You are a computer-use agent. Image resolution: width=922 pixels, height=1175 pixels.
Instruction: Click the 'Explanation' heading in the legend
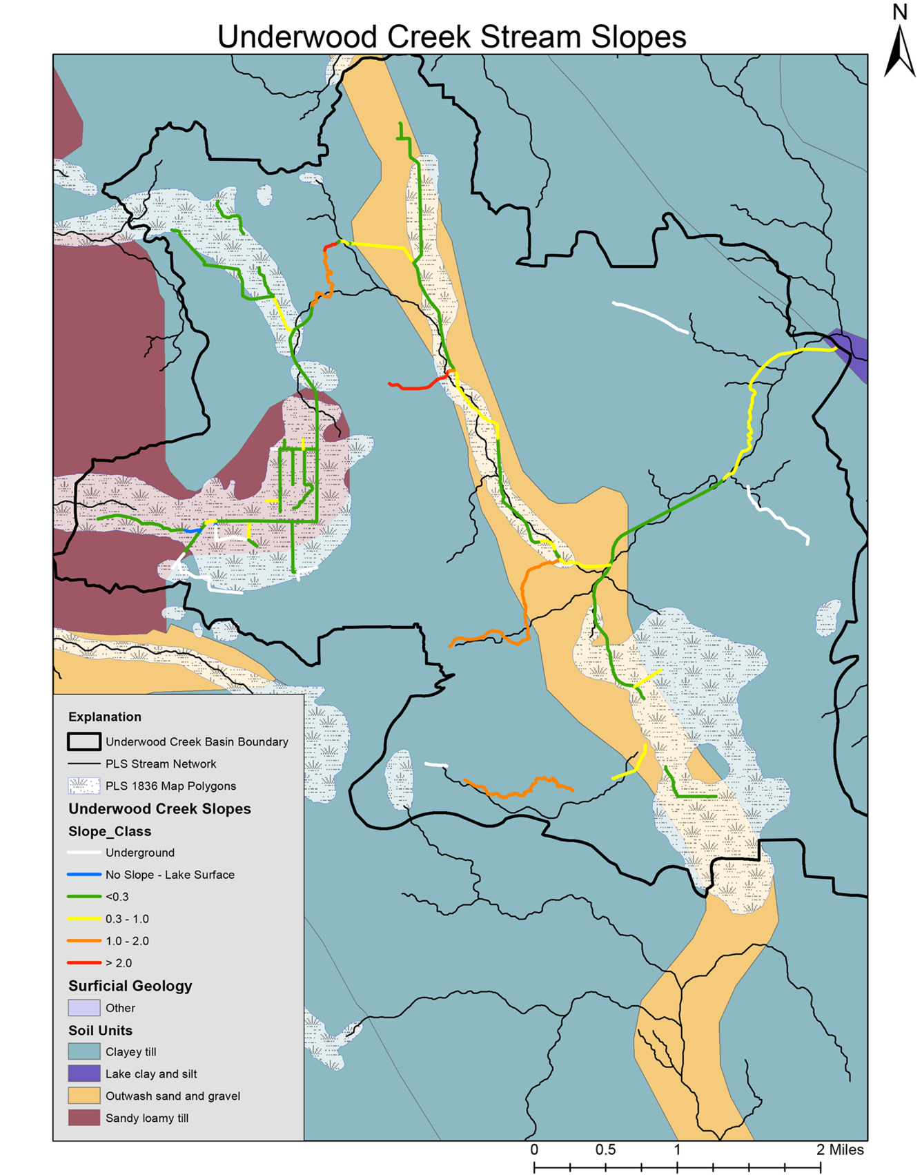[104, 717]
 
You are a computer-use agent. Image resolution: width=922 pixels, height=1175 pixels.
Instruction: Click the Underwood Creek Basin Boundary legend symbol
[84, 741]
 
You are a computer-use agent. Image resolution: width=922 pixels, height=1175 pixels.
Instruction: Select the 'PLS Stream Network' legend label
[160, 764]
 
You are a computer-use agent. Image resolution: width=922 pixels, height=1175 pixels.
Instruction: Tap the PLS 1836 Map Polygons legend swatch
[84, 786]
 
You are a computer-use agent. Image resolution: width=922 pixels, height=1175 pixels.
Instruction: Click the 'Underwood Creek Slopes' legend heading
[159, 808]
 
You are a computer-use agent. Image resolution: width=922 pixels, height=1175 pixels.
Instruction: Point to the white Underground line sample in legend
[84, 853]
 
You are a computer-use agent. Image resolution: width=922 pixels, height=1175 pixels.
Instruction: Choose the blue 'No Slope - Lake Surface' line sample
[84, 875]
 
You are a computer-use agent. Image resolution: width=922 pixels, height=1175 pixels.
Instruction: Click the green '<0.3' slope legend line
[84, 897]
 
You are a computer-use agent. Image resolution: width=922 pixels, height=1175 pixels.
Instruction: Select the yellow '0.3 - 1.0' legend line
[84, 919]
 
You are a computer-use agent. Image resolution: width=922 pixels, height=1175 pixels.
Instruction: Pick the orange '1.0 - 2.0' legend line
[84, 941]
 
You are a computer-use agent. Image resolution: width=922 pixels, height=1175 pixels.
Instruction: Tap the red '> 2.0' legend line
[84, 963]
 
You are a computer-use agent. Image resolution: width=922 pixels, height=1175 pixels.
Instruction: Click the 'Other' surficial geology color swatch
[84, 1008]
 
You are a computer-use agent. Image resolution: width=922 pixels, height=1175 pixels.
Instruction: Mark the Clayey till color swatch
[84, 1051]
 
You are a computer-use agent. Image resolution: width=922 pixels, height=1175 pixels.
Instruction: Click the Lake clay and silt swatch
[84, 1074]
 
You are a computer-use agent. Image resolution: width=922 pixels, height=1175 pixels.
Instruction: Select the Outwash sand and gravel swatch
[84, 1096]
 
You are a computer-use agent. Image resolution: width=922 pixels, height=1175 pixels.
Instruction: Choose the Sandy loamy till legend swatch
[84, 1118]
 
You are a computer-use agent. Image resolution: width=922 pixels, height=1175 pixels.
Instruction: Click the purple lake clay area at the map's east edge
[852, 352]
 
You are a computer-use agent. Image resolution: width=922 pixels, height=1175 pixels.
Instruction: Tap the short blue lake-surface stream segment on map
[194, 531]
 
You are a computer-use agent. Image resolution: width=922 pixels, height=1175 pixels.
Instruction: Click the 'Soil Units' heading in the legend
[100, 1030]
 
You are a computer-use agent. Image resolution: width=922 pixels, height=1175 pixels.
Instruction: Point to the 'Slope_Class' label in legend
[109, 831]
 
